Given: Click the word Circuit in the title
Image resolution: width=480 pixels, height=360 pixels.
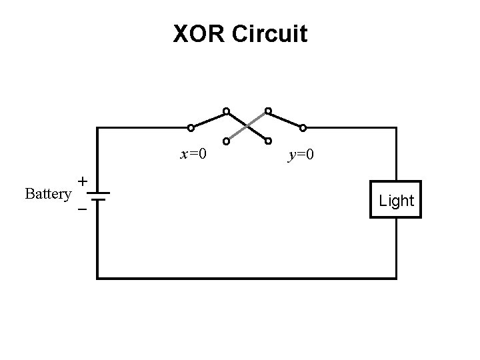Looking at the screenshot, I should [270, 33].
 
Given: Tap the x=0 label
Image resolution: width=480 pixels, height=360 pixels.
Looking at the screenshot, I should [193, 155].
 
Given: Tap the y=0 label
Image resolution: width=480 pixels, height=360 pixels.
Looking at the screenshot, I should [301, 155].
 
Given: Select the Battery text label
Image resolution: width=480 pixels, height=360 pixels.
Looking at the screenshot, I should [47, 194].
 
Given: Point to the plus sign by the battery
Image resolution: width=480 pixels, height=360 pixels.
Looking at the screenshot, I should [82, 181].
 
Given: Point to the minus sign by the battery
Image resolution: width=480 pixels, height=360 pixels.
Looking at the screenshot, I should [82, 209].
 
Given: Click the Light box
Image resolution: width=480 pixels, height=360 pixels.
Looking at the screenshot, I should [396, 199].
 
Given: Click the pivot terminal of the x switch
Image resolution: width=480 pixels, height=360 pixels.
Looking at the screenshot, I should [191, 127].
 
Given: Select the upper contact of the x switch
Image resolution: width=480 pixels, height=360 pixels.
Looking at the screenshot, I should [227, 110].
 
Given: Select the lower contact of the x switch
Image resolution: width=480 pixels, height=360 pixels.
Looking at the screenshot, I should [227, 141].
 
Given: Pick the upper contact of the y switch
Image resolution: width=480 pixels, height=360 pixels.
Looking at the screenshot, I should [268, 110].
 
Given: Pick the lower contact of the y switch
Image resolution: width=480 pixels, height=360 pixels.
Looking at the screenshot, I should [268, 141].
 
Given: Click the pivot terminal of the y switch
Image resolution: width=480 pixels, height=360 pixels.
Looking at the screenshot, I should [303, 127].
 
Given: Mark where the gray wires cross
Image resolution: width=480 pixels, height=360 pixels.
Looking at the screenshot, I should [247, 125].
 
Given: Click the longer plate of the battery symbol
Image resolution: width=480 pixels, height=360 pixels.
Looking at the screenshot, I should [97, 193].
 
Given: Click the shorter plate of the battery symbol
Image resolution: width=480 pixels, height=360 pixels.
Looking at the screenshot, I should [97, 199].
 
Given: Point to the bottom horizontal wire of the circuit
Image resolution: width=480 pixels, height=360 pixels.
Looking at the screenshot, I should [247, 277].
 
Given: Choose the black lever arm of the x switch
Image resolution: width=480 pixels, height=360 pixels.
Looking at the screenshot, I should [209, 119].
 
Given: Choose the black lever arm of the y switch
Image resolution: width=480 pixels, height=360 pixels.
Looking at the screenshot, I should [285, 119].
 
